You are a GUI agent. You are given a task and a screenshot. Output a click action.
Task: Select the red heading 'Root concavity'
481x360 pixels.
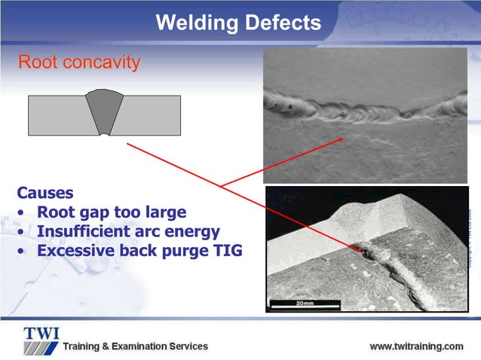tap(79, 62)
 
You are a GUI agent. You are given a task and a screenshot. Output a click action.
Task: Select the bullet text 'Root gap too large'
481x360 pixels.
tap(111, 212)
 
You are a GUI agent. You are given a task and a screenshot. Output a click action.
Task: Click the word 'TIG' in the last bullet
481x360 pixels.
tap(225, 251)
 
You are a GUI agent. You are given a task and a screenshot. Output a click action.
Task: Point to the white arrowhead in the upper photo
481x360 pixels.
tap(343, 138)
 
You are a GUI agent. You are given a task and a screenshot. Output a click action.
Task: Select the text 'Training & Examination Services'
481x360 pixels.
tap(135, 346)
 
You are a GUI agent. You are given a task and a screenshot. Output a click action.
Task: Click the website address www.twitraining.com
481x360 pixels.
tap(416, 346)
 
